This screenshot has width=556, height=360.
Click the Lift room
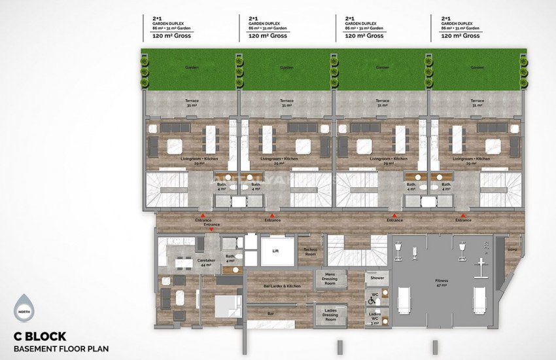277,251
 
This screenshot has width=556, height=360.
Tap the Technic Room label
309,251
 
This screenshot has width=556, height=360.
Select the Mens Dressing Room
330,279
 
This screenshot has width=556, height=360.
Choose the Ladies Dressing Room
330,315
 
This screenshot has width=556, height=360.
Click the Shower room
376,278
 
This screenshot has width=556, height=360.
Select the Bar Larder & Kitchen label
281,286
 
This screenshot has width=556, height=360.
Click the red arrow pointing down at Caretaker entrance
211,230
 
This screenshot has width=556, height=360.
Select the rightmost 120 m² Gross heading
460,35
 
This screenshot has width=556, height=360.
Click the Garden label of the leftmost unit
191,67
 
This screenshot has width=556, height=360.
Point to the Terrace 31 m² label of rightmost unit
478,103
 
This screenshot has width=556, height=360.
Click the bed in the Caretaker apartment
224,306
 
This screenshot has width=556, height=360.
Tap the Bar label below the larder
270,314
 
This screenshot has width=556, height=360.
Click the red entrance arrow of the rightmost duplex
464,214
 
